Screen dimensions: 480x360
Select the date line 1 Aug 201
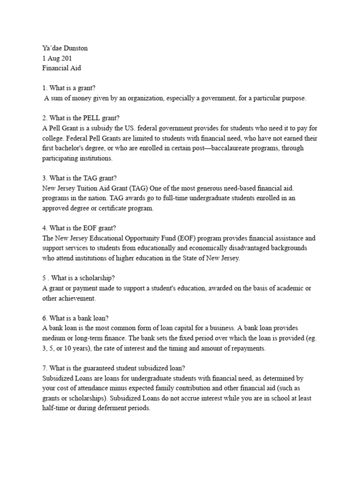tap(57, 58)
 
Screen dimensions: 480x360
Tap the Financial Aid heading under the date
tap(61, 68)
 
